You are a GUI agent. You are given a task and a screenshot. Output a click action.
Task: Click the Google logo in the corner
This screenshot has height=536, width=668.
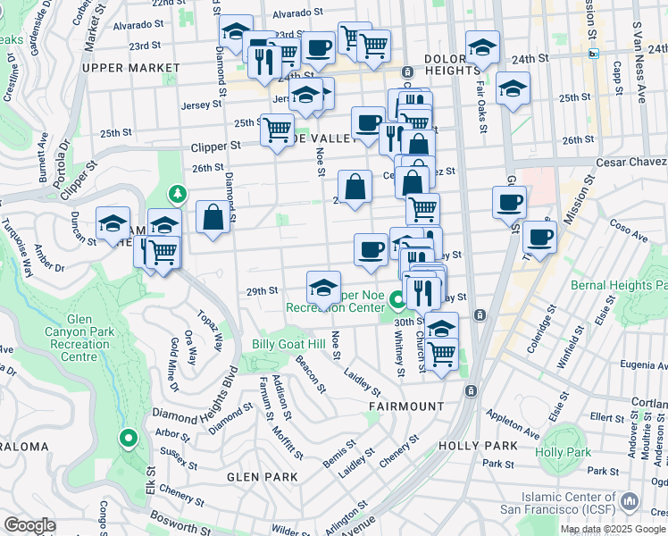point(29,525)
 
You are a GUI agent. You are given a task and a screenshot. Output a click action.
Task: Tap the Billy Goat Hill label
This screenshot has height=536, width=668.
point(288,344)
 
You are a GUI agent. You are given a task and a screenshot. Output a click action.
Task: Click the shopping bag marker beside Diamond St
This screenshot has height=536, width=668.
point(213,217)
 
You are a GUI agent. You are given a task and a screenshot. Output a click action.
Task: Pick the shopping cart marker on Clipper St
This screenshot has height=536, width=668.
point(277,130)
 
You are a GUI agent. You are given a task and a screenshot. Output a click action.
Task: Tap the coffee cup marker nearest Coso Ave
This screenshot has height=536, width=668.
point(540,238)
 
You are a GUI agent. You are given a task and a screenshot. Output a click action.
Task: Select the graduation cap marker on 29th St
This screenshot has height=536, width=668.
point(323,288)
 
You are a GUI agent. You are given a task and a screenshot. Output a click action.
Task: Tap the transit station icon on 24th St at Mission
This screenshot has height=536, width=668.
point(595,54)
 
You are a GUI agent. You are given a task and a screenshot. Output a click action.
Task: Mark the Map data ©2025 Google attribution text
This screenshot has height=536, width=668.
point(612,529)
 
